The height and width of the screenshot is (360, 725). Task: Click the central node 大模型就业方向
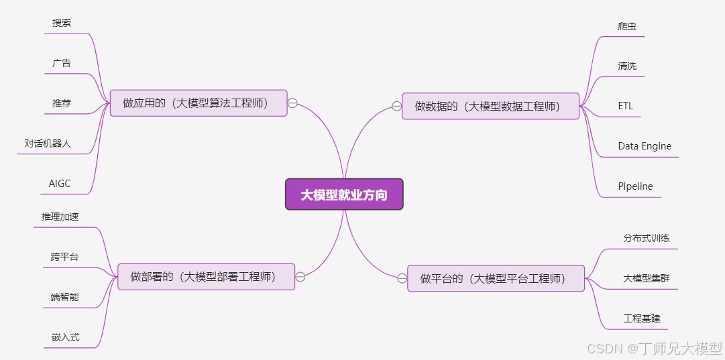pos(344,194)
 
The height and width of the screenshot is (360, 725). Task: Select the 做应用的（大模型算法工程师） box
pos(199,103)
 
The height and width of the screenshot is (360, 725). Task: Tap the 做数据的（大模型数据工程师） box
pos(490,106)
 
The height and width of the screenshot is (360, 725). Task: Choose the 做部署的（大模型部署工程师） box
pos(207,276)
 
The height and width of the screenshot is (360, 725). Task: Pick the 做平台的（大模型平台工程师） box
pos(496,278)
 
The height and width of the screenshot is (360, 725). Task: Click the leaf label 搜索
pos(62,23)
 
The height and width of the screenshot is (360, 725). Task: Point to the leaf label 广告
pos(62,63)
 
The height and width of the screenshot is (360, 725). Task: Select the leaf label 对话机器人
pos(48,143)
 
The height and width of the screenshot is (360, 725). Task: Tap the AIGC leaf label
pos(60,183)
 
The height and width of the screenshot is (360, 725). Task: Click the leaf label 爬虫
pos(627,26)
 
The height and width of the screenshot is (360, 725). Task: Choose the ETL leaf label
pos(626,106)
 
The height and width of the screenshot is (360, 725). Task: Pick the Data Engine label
pos(645,146)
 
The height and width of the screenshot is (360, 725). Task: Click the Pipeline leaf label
pos(635,186)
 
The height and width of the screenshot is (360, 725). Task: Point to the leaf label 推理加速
pos(60,217)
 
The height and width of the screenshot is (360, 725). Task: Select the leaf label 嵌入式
pos(66,337)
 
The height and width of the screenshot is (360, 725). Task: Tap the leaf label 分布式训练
pos(647,238)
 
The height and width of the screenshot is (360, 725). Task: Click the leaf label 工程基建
pos(642,318)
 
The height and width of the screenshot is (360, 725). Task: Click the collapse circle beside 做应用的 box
pos(292,103)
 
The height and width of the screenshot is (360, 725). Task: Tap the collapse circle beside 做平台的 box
pos(402,278)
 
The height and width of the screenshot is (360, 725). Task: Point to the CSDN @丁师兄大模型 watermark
pos(655,349)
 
